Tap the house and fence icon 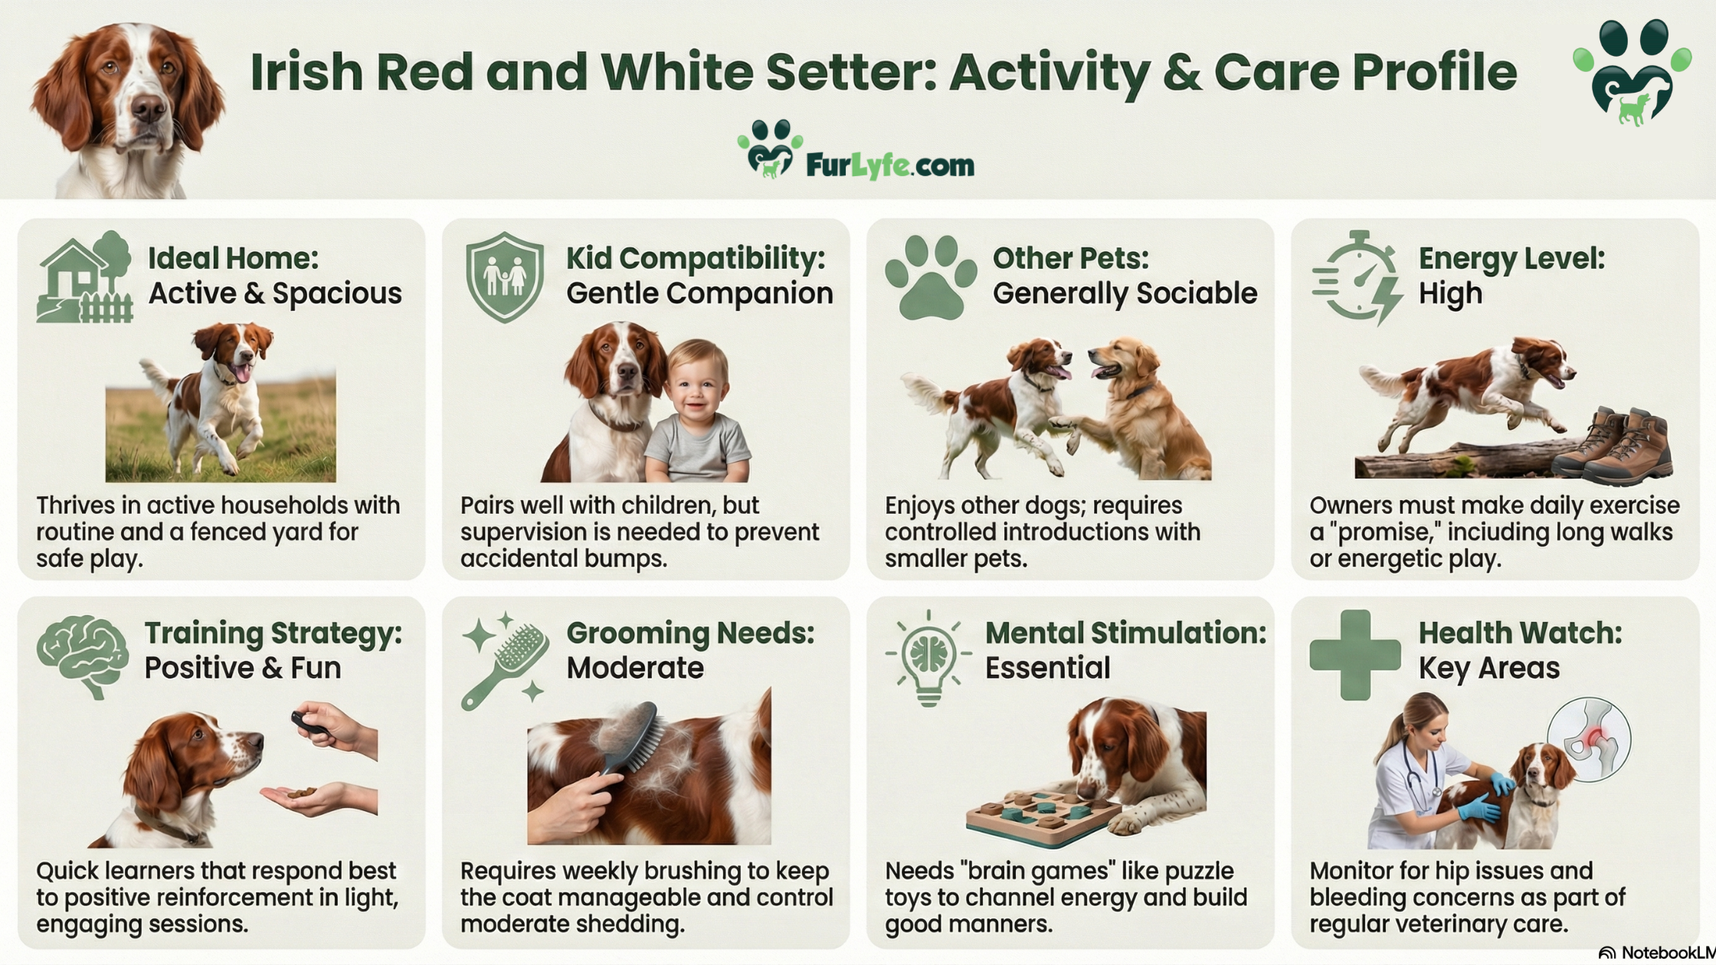click(85, 276)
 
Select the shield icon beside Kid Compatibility click(505, 276)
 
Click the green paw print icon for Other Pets click(931, 277)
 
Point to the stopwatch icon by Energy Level click(1357, 277)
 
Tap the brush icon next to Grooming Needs click(506, 660)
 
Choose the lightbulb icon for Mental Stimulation click(928, 658)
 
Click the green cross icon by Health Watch click(1354, 655)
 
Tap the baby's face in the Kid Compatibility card click(698, 387)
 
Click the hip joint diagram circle click(1589, 739)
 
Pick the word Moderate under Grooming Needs click(635, 668)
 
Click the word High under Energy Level click(1450, 293)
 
